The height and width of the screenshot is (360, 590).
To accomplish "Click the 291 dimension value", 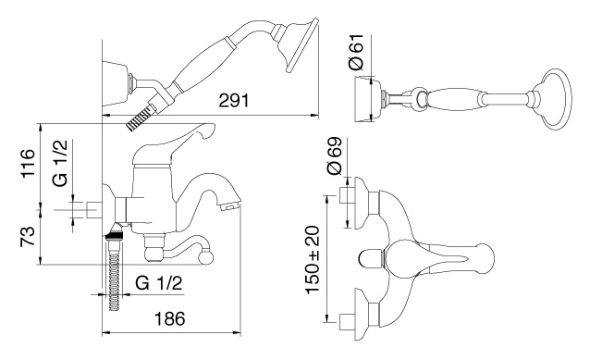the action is (234, 101).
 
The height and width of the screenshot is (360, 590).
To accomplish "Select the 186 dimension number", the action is (170, 319).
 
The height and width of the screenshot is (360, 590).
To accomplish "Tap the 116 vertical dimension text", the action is (28, 163).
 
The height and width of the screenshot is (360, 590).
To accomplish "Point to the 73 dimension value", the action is (28, 237).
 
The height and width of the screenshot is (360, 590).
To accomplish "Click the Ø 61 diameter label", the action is (357, 52).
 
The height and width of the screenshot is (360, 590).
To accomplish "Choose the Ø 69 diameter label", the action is (335, 155).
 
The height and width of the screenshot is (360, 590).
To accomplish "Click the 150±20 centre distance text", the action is (313, 259).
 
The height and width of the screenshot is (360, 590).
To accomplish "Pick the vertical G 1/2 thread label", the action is (60, 163).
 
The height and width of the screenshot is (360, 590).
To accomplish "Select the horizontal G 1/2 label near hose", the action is (159, 283).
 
